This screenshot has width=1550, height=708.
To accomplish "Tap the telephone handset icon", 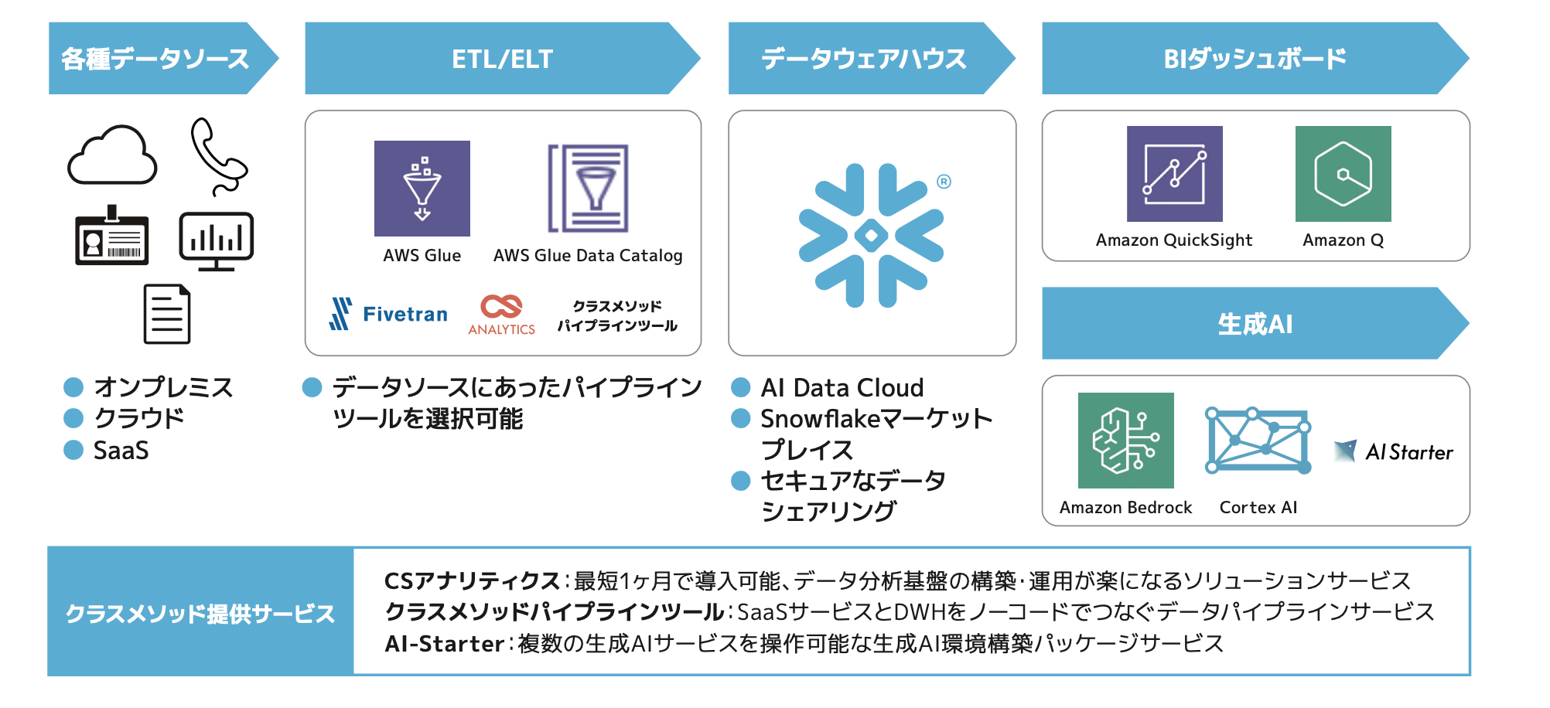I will click(x=218, y=157).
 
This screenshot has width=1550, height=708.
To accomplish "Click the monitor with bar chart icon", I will click(x=217, y=241).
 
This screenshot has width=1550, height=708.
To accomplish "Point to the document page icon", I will click(x=167, y=314).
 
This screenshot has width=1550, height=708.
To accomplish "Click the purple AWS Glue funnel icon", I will click(x=422, y=189).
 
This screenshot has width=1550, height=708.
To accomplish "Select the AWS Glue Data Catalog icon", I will click(x=589, y=189).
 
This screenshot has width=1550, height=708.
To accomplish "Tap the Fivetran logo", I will click(x=389, y=314).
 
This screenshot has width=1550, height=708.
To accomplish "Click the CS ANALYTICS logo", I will click(x=501, y=314).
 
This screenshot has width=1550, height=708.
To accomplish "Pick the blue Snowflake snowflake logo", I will click(x=872, y=235).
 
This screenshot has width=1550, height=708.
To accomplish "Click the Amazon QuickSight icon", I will click(x=1174, y=174).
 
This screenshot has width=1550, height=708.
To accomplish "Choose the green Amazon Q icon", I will click(x=1343, y=174).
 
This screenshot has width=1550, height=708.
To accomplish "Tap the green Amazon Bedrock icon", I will click(x=1125, y=441).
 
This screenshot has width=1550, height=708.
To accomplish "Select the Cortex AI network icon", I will click(x=1258, y=441).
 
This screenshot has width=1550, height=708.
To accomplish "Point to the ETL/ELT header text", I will click(x=502, y=59).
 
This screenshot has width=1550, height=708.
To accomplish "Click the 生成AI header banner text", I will click(x=1255, y=324).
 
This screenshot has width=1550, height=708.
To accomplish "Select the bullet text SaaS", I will click(x=121, y=451).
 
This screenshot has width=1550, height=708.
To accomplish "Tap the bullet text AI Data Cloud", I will click(x=842, y=387).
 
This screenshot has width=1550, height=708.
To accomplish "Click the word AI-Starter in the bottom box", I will click(x=445, y=644).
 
